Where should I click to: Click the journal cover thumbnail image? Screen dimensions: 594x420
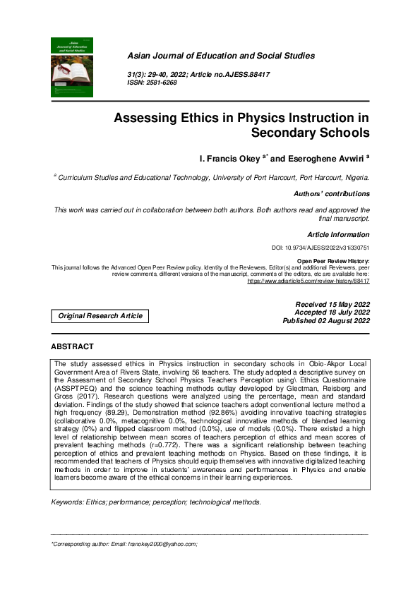coord(72,67)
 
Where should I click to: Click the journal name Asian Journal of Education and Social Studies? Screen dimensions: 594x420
coord(220,56)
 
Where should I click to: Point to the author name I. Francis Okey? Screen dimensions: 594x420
coord(226,159)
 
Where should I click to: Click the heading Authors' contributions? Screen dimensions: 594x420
coord(331,193)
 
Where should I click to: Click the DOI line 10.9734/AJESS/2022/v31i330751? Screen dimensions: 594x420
coord(320,248)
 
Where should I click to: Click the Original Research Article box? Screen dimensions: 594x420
coord(100,316)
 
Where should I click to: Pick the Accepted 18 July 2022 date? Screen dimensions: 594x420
coord(332,313)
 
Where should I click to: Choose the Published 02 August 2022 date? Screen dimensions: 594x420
coord(326,321)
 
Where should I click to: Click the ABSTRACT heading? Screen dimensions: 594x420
coord(72,347)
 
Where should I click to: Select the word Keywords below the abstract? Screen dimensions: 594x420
coord(68,502)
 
